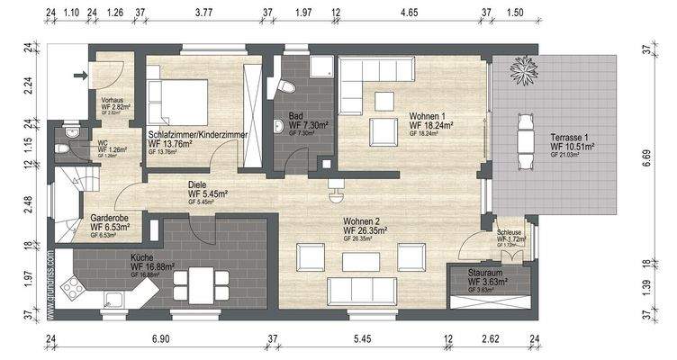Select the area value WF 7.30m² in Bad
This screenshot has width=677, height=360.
click(307, 125)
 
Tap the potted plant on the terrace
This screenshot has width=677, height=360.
click(522, 68)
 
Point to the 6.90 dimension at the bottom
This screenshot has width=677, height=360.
click(159, 339)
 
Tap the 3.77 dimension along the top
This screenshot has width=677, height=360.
click(203, 13)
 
